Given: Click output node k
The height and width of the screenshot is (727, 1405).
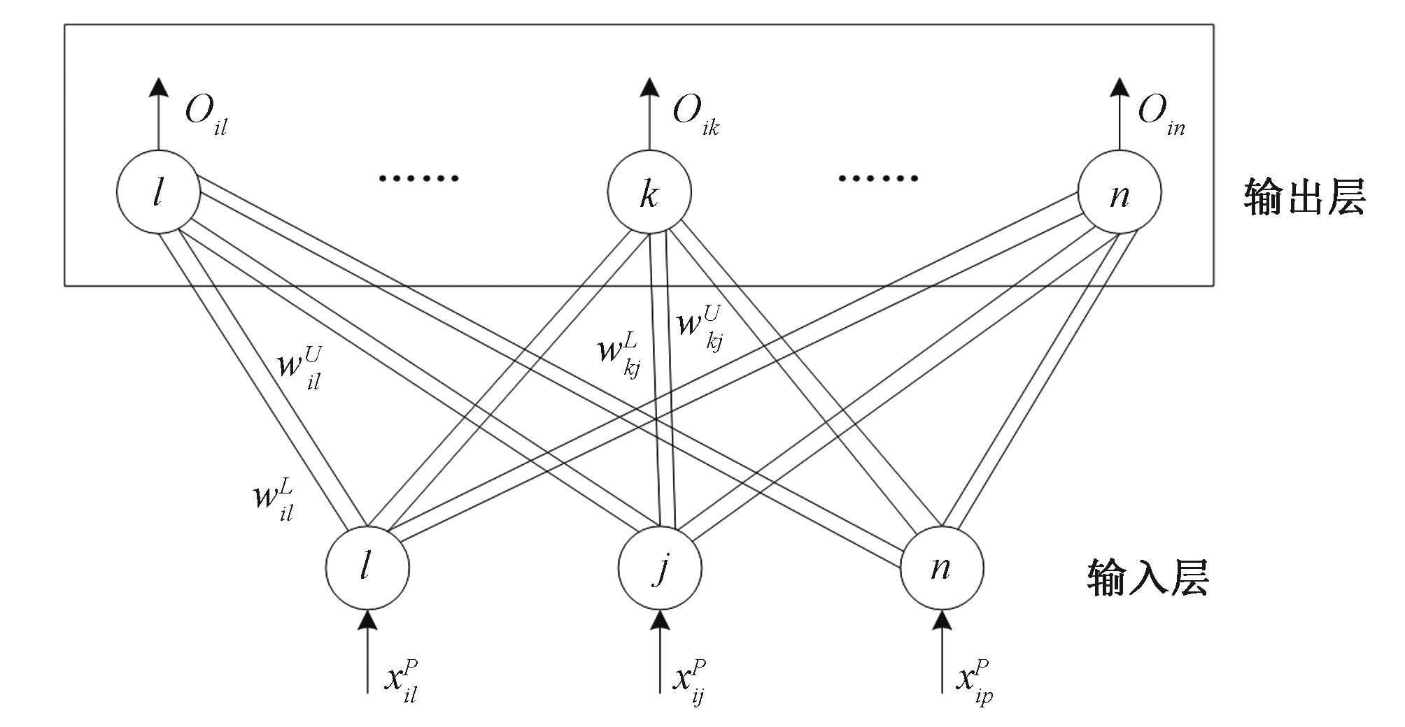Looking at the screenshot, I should point(649,192).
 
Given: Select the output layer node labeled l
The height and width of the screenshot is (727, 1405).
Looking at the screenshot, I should point(158,192).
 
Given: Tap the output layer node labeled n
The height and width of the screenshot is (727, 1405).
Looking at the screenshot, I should point(1120,192).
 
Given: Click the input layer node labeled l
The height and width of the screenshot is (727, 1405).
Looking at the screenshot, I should point(367,568).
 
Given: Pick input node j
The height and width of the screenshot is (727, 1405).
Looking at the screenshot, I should point(660,568).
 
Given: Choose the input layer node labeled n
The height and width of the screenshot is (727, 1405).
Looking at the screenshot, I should point(942,568).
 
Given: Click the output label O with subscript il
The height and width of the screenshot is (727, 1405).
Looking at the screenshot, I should point(205,115).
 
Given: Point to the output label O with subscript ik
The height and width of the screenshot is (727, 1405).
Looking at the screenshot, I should point(695,115).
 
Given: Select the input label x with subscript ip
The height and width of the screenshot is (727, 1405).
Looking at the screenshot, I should point(975,681).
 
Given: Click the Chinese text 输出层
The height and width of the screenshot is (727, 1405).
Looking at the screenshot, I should point(1304,196).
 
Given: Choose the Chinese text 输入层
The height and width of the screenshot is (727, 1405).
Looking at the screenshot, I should point(1148,577).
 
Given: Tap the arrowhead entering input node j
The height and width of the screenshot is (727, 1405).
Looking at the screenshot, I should point(660,619).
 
